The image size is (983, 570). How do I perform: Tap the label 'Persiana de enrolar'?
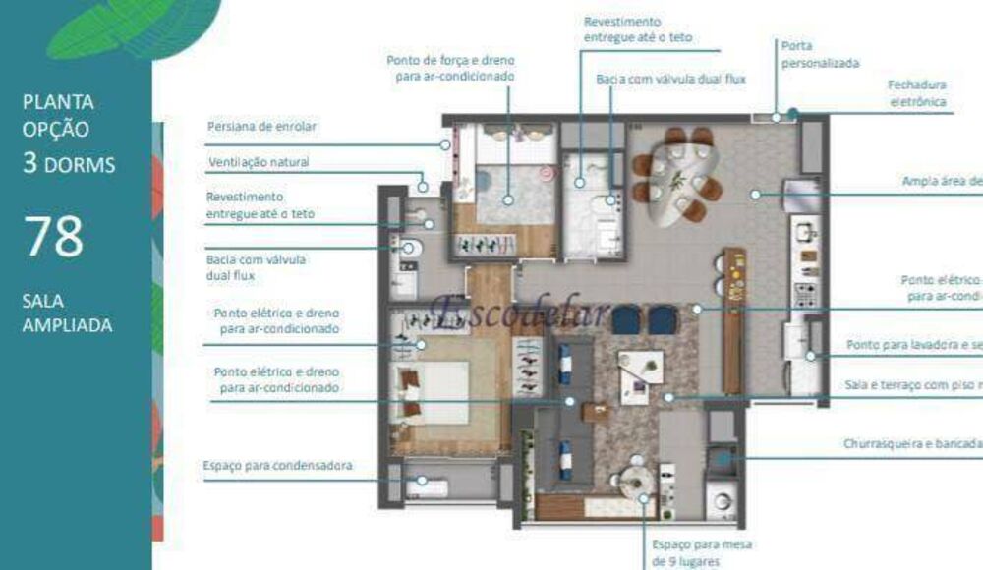tap(262, 127)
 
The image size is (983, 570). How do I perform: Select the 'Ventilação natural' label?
tap(263, 162)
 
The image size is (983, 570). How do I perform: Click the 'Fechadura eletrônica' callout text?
tap(917, 93)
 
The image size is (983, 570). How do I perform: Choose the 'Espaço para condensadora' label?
tap(277, 465)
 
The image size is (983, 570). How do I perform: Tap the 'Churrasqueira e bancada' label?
tap(912, 443)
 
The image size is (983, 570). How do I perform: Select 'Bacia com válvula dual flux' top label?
tap(671, 78)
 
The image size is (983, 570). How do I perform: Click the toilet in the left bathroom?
tap(410, 249)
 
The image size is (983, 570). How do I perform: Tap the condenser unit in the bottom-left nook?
tap(431, 485)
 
